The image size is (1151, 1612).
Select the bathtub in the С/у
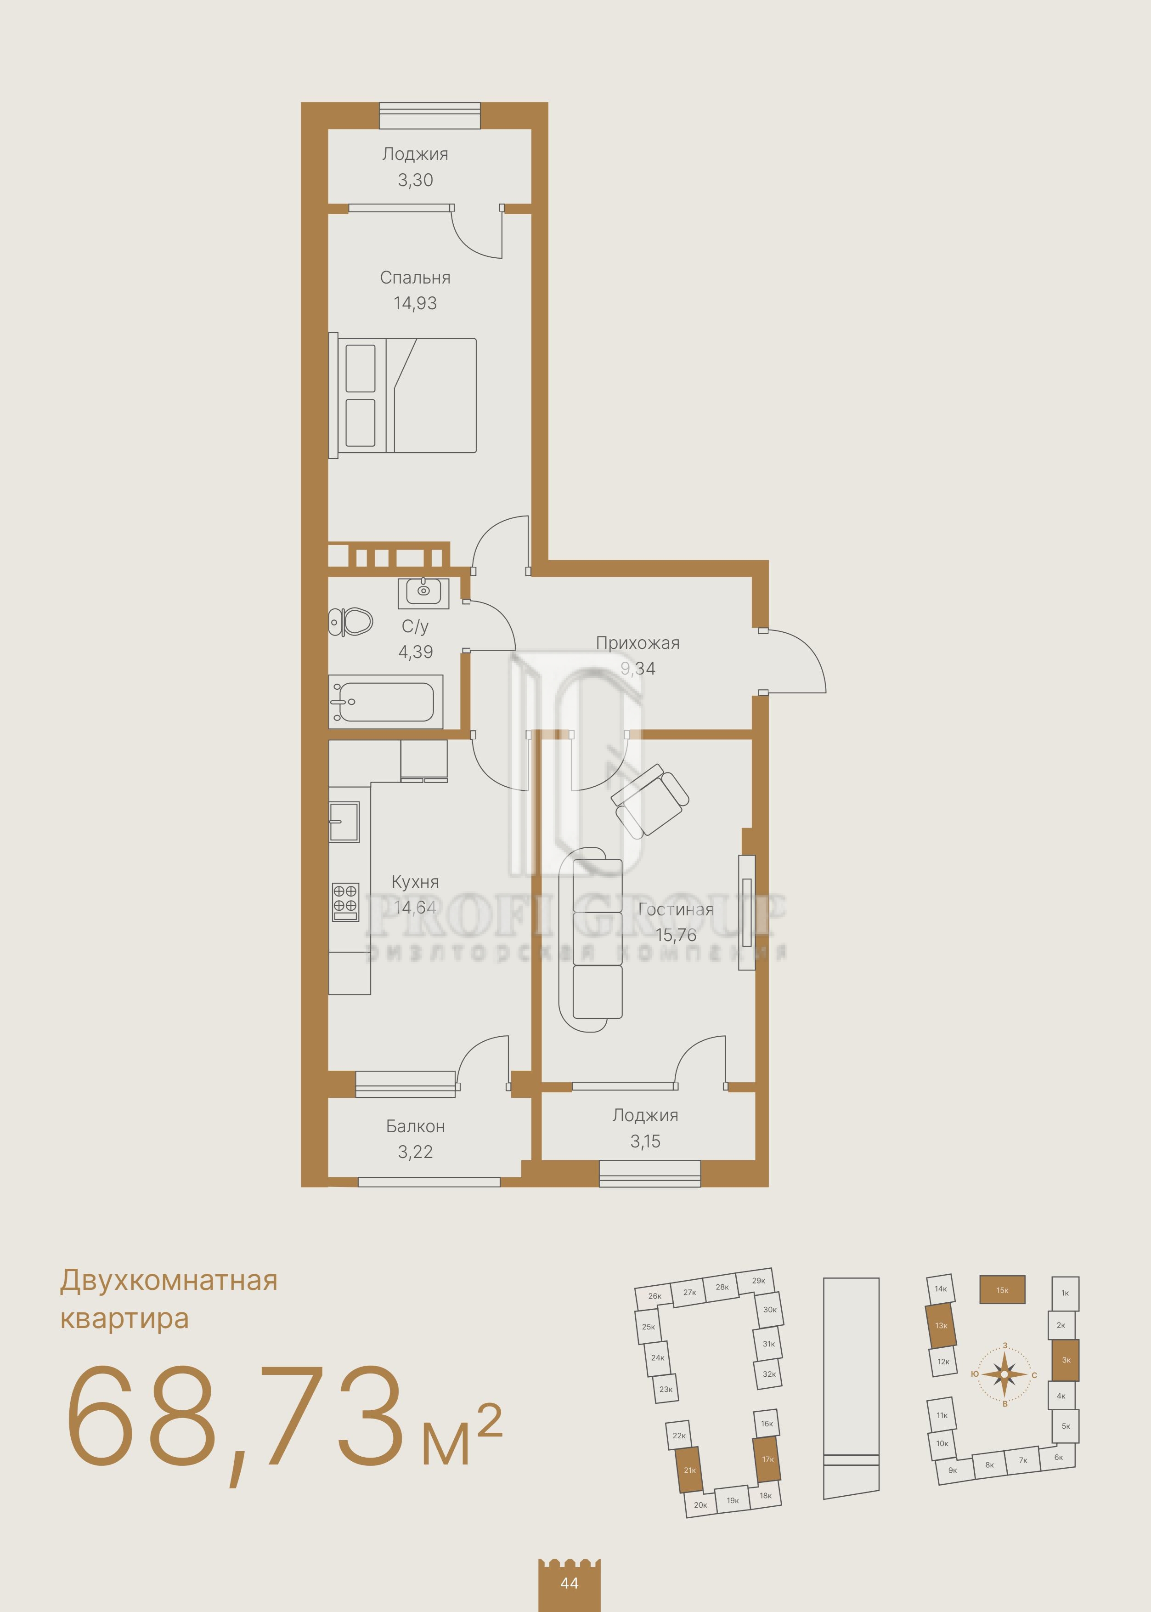coord(385,701)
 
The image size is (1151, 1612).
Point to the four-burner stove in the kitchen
coord(345,902)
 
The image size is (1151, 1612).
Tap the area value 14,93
coord(415,303)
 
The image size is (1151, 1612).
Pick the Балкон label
coord(415,1126)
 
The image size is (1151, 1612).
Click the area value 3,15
coord(645,1141)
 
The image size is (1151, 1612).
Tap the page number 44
coord(569,1583)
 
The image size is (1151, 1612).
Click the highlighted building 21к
coord(689,1470)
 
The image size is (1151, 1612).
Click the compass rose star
coord(1004,1374)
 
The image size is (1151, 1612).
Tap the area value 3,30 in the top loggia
coord(415,180)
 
